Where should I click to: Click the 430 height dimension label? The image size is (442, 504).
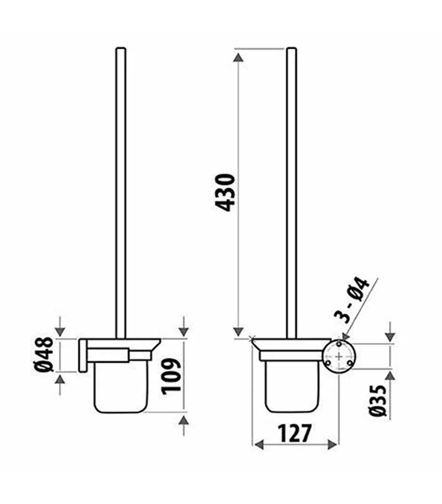(x=226, y=192)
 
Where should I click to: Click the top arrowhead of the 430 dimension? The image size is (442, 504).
(x=238, y=56)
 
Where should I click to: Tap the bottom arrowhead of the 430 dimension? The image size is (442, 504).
(x=238, y=331)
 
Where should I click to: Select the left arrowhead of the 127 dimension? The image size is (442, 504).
(x=257, y=443)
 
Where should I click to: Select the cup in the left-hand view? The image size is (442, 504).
(x=120, y=387)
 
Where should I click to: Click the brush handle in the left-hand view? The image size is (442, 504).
(x=120, y=188)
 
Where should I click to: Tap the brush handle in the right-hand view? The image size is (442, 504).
(x=291, y=188)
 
